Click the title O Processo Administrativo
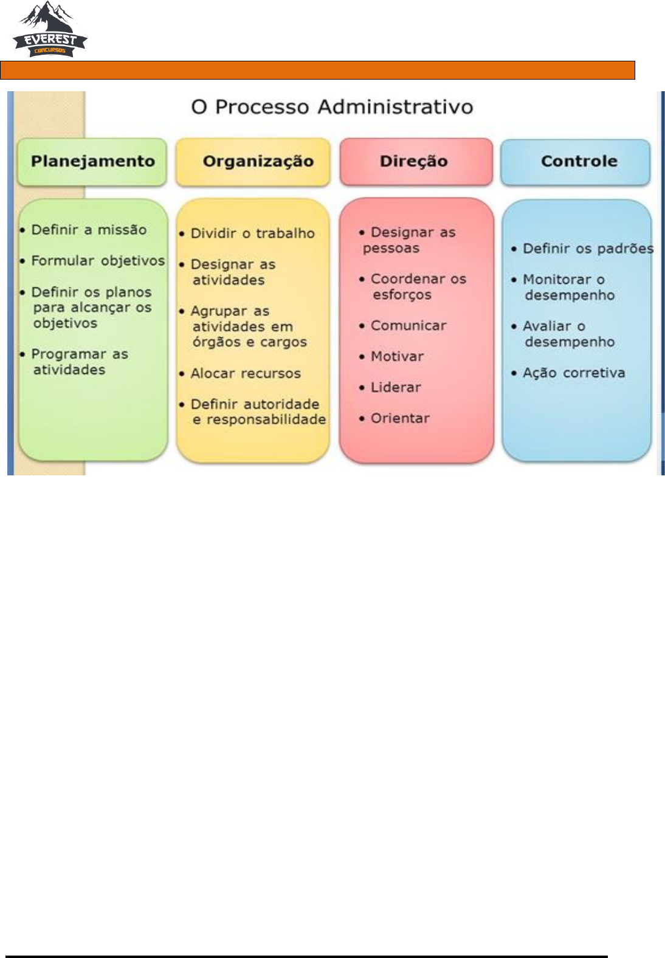tap(332, 107)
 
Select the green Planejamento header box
tap(92, 162)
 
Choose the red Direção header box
tap(416, 162)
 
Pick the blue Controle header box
tap(576, 162)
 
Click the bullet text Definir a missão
tap(89, 230)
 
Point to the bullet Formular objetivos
tap(97, 261)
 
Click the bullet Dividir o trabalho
tap(252, 233)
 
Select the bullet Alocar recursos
tap(246, 373)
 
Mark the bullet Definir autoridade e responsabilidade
tap(258, 412)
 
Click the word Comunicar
tap(408, 326)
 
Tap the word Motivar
tap(397, 357)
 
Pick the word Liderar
tap(396, 387)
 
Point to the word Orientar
tap(400, 418)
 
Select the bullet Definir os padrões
tap(587, 249)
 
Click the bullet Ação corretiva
tap(573, 373)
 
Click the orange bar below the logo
tap(317, 70)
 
